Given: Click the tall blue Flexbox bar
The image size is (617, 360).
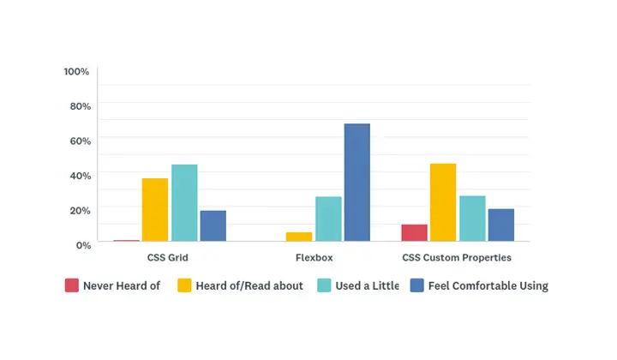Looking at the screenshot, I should (357, 183).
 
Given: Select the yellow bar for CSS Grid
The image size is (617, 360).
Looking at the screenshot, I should (155, 210).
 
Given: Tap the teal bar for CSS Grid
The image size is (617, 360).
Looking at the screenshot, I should (184, 203).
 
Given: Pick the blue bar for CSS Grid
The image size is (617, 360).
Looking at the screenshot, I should (213, 226).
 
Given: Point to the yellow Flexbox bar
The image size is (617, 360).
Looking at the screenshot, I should (299, 237).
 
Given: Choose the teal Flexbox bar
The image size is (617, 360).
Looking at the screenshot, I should (328, 219).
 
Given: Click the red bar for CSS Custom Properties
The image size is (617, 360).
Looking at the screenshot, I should (414, 233).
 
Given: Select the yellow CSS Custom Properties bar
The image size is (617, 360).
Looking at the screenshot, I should (443, 202).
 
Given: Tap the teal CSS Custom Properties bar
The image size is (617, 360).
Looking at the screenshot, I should (472, 219).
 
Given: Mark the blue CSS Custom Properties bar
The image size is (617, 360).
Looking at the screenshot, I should (501, 225).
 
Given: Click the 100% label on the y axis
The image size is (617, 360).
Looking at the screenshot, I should (76, 71).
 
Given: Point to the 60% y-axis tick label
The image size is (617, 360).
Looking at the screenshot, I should (80, 141).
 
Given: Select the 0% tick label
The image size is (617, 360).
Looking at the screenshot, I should (82, 245).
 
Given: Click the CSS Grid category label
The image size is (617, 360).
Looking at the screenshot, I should (162, 257).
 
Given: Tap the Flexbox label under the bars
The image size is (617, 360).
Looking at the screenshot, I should (314, 257).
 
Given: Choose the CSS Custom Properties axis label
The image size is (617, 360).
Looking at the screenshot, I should (457, 257).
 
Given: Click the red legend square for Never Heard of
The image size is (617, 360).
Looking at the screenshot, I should (72, 285).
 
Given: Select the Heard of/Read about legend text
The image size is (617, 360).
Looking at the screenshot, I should (249, 285).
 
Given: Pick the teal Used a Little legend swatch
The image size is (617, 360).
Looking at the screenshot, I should (324, 285).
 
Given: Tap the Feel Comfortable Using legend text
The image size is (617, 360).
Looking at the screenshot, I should (488, 285).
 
